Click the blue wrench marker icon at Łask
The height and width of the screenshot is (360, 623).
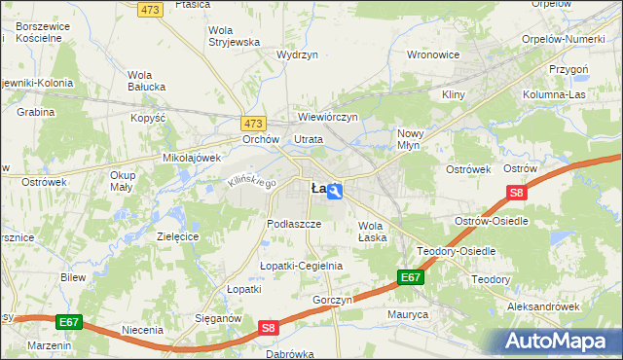tap(334, 192)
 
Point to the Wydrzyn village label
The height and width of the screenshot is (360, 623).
tap(298, 56)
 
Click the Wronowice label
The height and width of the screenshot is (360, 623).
tap(432, 55)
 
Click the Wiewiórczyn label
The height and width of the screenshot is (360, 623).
tap(328, 117)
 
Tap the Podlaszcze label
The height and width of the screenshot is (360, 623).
tap(294, 223)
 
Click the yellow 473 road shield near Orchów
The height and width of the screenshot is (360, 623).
tap(253, 124)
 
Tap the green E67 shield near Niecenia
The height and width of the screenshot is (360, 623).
tap(67, 321)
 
